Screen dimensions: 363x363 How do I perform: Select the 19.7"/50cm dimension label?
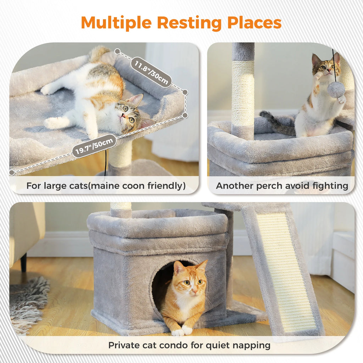(94, 146)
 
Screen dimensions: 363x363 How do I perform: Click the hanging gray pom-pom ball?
(336, 90)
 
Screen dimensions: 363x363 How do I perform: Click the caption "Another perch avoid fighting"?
(282, 186)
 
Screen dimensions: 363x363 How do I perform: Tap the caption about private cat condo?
(189, 345)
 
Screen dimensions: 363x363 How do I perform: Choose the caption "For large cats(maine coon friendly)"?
(106, 186)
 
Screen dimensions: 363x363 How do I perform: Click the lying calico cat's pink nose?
(123, 116)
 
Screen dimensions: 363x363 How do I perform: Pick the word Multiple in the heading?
(117, 23)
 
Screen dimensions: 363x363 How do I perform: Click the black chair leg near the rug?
(24, 262)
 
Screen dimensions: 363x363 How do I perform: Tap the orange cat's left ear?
(202, 267)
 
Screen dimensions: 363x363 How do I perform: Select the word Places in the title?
(254, 23)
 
